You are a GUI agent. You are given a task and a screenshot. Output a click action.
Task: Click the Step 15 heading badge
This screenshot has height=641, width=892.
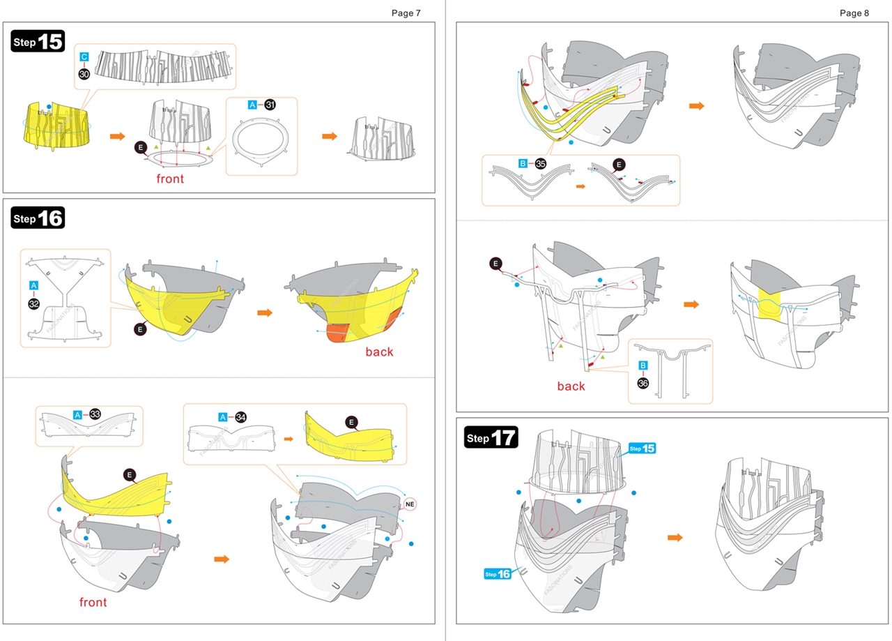38,41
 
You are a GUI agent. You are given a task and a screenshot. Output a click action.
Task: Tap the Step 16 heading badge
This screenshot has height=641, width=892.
38,218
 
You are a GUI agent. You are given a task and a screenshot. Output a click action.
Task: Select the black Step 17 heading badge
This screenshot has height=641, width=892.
491,437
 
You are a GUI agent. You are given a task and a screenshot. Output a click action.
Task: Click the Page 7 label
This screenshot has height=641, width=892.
406,13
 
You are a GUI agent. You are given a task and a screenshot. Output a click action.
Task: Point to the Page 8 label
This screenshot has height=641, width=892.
854,13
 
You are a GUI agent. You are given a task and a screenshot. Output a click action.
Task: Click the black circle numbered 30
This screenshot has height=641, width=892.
84,73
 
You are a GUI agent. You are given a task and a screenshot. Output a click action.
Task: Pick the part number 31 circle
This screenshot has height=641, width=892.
270,105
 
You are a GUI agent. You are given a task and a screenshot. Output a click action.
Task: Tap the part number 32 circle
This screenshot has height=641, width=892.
33,303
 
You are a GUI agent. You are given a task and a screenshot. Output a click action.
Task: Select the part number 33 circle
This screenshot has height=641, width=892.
95,414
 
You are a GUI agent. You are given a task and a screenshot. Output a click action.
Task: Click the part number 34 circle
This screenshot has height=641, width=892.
241,416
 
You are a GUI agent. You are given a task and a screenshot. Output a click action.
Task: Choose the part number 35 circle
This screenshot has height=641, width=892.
540,163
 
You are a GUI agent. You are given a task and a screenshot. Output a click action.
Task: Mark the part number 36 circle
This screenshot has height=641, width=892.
643,382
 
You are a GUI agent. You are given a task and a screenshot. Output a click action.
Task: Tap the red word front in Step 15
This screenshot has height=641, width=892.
170,179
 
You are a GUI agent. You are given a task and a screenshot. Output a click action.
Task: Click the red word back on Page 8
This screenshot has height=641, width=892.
571,386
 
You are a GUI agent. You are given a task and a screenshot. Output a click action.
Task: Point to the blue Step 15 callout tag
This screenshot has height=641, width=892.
642,448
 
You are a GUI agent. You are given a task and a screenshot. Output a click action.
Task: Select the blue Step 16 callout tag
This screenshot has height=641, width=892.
498,573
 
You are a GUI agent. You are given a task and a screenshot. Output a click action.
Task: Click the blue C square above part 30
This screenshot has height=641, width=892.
84,56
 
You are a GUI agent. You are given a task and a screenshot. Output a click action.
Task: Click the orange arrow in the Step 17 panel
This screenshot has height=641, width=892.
675,537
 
